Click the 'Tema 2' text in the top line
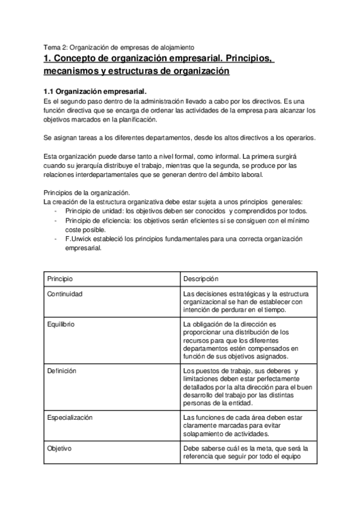coord(55,46)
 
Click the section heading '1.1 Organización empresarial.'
coord(96,91)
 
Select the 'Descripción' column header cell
coord(201,279)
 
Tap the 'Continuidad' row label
coord(65,293)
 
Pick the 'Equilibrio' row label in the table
coord(61,324)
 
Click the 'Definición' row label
coord(61,371)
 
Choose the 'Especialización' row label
coord(70,417)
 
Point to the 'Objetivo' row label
coord(59,449)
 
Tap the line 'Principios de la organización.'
coord(83,192)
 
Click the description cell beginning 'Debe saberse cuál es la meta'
coord(246,453)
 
